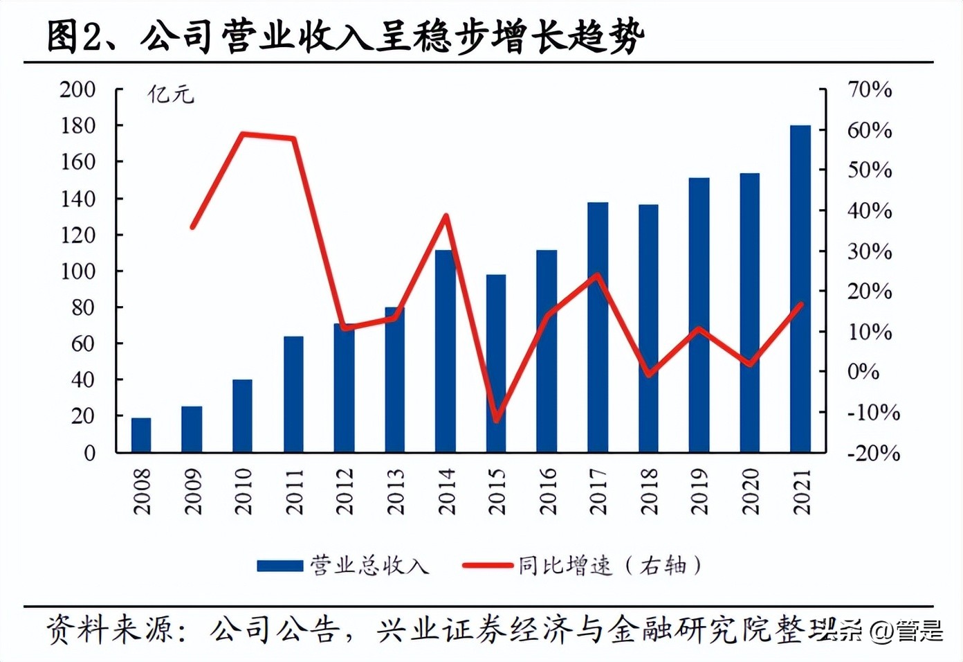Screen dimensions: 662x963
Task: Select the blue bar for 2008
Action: [141, 435]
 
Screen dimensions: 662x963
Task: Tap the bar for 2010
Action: [242, 415]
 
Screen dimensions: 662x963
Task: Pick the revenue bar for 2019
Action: [699, 315]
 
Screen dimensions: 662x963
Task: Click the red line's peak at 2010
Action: [242, 133]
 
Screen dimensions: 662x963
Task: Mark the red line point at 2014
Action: [446, 215]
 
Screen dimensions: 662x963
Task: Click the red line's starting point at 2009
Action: [192, 226]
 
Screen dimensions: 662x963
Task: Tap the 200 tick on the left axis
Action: [77, 89]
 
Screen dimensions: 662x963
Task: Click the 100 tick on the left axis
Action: [77, 271]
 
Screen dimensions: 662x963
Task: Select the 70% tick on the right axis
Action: [870, 89]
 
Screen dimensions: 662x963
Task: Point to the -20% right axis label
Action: [874, 454]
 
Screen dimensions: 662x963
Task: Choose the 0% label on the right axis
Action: [863, 372]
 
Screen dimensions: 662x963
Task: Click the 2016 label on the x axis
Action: [547, 491]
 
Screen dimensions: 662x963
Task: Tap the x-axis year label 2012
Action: [345, 491]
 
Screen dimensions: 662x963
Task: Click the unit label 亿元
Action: [170, 94]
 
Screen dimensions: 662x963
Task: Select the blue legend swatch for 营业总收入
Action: [279, 566]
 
